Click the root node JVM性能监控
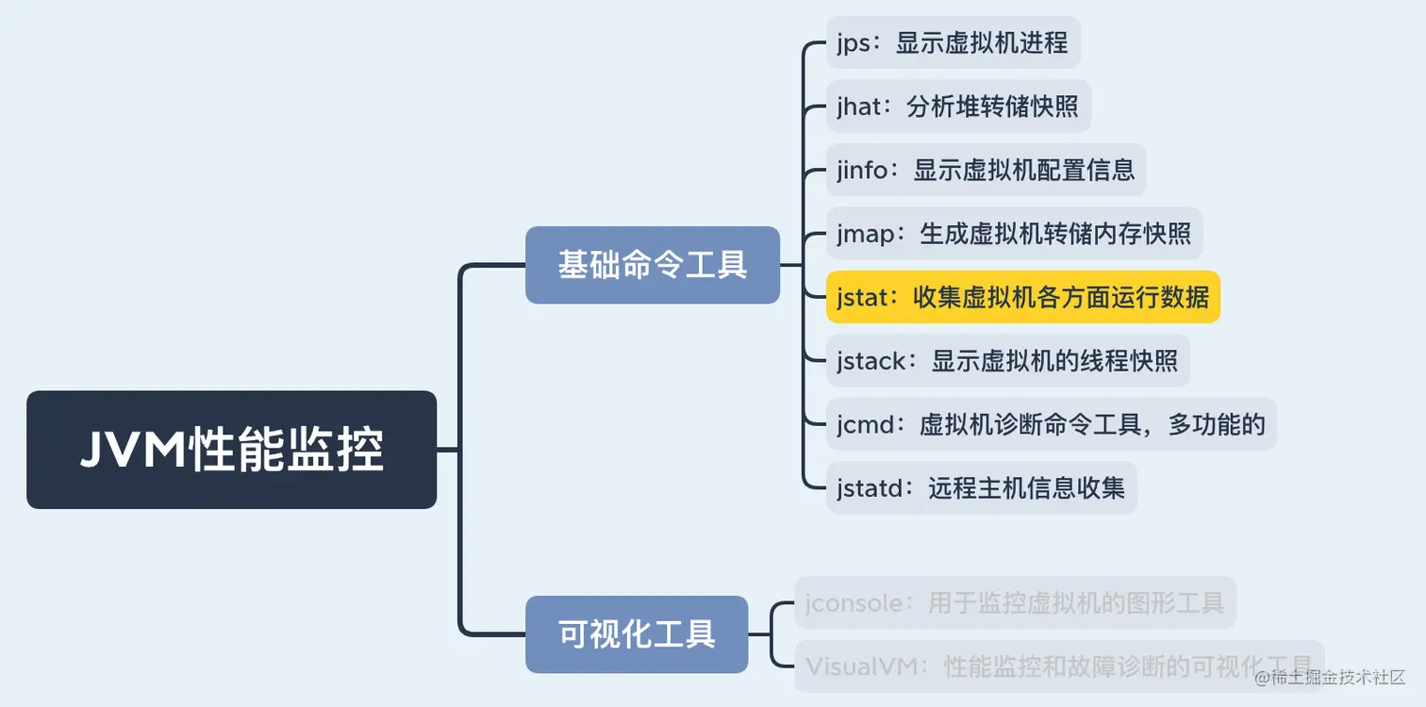231,450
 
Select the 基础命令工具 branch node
652,265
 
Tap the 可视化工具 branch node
637,633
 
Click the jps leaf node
953,42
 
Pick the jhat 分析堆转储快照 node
958,107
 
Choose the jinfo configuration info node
986,170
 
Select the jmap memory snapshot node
1014,233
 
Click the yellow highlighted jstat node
1023,297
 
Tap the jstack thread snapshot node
1007,360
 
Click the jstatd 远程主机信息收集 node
981,487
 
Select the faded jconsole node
1014,602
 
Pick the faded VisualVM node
1058,666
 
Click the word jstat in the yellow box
863,297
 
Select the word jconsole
854,602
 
